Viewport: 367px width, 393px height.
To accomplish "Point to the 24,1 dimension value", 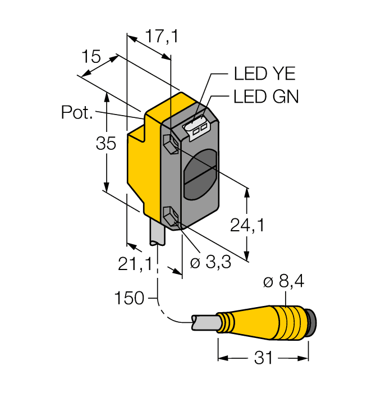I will click(x=247, y=225).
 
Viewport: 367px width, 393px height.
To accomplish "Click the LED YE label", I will click(x=264, y=74).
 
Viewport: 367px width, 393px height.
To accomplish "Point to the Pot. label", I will click(x=76, y=113).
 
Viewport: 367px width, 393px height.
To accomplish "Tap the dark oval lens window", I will click(x=199, y=175).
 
